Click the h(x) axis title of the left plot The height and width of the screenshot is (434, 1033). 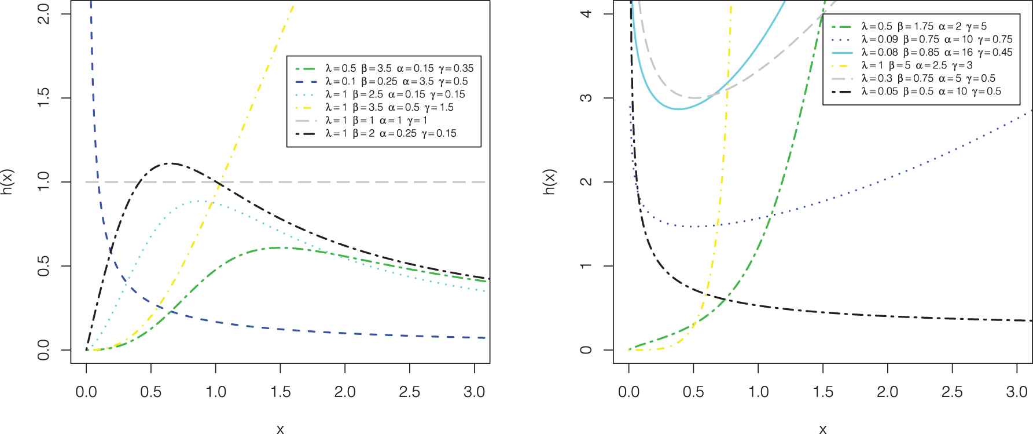click(9, 181)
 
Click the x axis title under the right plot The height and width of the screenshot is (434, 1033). click(822, 428)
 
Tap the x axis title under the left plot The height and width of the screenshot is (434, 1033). click(280, 428)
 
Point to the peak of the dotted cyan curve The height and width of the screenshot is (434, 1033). click(200, 201)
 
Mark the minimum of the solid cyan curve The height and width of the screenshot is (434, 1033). click(678, 109)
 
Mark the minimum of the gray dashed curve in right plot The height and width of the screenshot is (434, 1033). click(694, 98)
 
